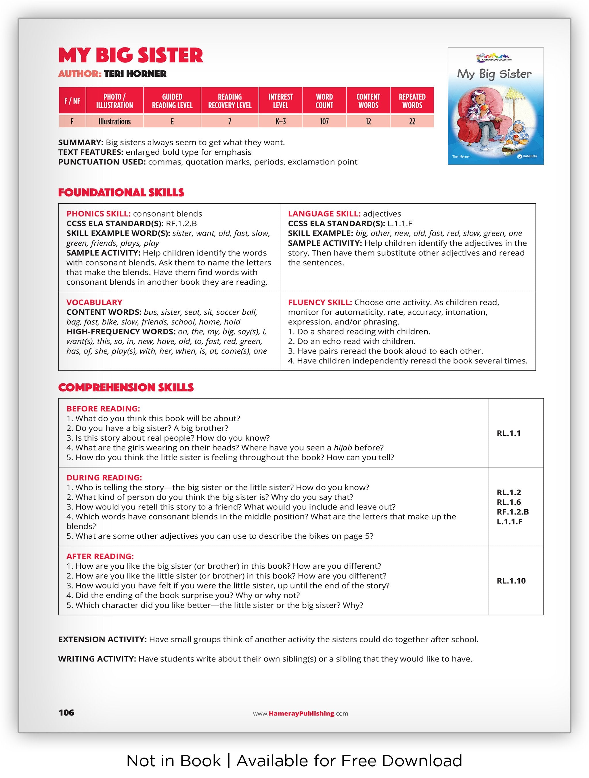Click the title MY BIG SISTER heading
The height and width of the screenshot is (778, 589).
(x=131, y=55)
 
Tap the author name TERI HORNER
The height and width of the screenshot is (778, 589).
(x=135, y=74)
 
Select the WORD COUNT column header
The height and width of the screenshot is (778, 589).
(x=324, y=101)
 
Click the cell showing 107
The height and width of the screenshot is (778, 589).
(x=324, y=122)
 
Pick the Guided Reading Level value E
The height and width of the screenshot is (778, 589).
(x=172, y=122)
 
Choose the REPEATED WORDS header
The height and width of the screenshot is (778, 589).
(x=412, y=101)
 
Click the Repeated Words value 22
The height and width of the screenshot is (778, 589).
(x=412, y=122)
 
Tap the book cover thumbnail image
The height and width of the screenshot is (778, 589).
(x=495, y=106)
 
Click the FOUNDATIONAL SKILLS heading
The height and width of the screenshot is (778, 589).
(x=121, y=193)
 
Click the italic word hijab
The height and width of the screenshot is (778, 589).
(x=343, y=448)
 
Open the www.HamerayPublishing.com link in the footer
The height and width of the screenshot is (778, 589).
(x=300, y=714)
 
